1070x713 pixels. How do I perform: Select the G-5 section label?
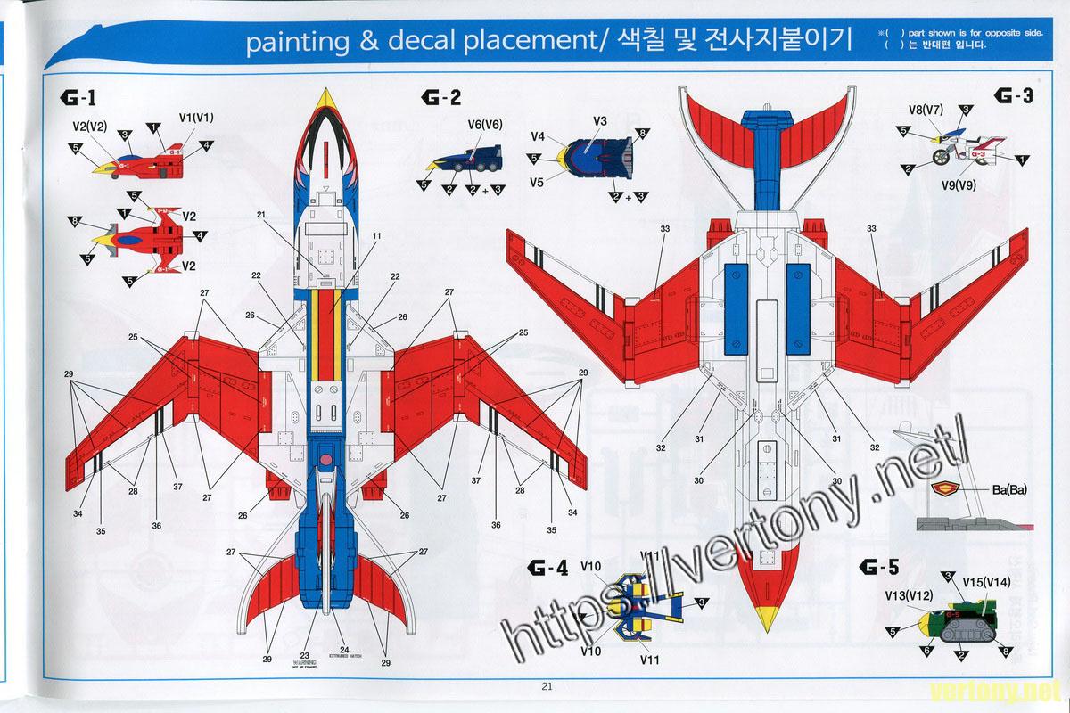pyautogui.click(x=880, y=565)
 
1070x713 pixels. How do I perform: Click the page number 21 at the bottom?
pyautogui.click(x=547, y=685)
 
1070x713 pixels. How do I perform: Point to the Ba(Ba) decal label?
pyautogui.click(x=1009, y=488)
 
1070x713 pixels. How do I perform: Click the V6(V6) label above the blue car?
pyautogui.click(x=485, y=125)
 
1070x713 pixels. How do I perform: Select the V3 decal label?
pyautogui.click(x=600, y=120)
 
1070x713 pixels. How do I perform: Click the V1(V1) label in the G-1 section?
pyautogui.click(x=196, y=117)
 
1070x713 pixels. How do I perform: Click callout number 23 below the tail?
pyautogui.click(x=305, y=655)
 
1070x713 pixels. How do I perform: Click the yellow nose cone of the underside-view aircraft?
pyautogui.click(x=764, y=619)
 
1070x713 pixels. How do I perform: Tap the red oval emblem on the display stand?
pyautogui.click(x=943, y=488)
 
